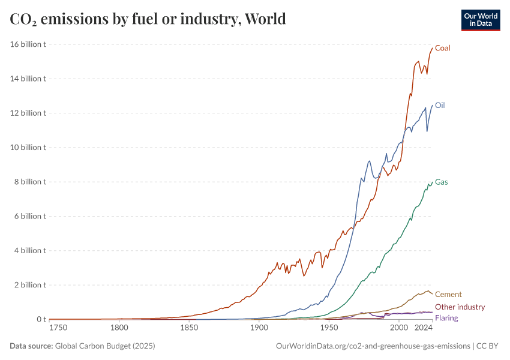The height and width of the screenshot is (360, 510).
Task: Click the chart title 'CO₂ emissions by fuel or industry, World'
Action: pyautogui.click(x=148, y=19)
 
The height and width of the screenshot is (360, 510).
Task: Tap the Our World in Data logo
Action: pyautogui.click(x=480, y=20)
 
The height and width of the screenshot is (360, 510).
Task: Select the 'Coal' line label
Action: pyautogui.click(x=442, y=48)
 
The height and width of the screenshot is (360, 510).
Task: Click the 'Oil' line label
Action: pyautogui.click(x=440, y=105)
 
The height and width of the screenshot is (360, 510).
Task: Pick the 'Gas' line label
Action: pyautogui.click(x=441, y=182)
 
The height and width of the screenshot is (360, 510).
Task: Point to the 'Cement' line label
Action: pyautogui.click(x=448, y=294)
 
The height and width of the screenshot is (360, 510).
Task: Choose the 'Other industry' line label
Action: pyautogui.click(x=460, y=307)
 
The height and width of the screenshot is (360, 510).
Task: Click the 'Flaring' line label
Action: pyautogui.click(x=446, y=318)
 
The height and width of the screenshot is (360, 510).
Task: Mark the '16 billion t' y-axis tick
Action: pyautogui.click(x=28, y=44)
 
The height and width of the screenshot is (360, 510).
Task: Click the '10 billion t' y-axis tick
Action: pyautogui.click(x=28, y=148)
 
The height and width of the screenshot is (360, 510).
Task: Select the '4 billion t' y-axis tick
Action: pyautogui.click(x=30, y=251)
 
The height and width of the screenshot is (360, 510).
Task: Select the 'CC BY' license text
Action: pyautogui.click(x=490, y=346)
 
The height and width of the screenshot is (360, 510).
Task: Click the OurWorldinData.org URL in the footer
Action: pyautogui.click(x=372, y=346)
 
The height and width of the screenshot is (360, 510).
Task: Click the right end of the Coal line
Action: pyautogui.click(x=432, y=48)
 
